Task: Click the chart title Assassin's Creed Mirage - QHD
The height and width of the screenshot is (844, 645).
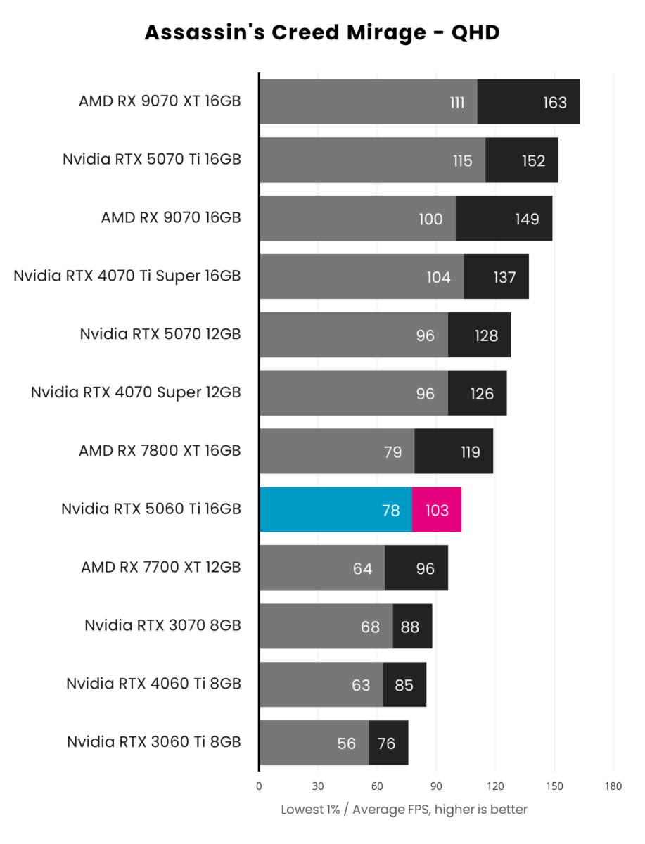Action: pos(322,32)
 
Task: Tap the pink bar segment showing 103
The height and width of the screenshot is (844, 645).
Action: pos(437,510)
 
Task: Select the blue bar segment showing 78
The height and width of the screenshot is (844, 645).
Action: pos(336,510)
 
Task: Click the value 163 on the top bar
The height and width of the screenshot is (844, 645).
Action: pos(555,103)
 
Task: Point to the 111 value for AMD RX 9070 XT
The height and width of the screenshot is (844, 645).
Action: pos(457,103)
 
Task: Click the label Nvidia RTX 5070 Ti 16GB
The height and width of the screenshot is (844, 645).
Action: pos(152,160)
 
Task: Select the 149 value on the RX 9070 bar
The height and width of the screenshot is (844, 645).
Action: pos(526,219)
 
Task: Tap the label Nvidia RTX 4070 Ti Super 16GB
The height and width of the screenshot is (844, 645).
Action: pos(127,276)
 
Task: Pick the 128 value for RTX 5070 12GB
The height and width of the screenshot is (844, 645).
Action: pos(486,335)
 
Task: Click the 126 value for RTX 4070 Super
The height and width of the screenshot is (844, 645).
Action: pos(482,394)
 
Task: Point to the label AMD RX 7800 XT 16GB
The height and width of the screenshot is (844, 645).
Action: pos(160,450)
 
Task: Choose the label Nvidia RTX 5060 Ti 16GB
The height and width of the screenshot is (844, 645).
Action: pos(151,508)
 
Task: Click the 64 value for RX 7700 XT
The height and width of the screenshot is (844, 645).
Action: pos(362,568)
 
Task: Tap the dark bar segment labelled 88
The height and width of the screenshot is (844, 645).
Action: pos(412,627)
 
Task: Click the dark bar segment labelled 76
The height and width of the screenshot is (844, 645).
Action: pos(388,743)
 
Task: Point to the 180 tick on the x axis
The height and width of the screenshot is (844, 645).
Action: pos(613,786)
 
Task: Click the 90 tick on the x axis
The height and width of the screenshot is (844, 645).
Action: pos(435,786)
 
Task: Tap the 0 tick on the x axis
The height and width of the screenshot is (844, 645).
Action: pos(259,786)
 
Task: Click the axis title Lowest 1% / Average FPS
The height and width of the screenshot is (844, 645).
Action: pos(404,810)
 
